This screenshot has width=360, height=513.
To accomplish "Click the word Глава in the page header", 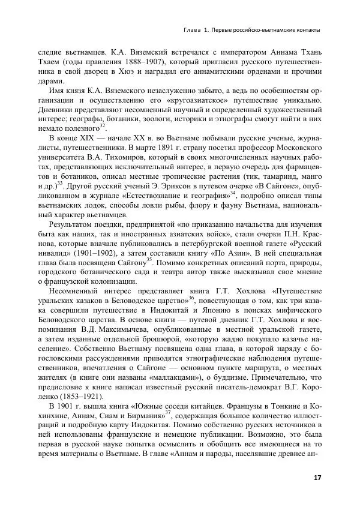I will pyautogui.click(x=193, y=30).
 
